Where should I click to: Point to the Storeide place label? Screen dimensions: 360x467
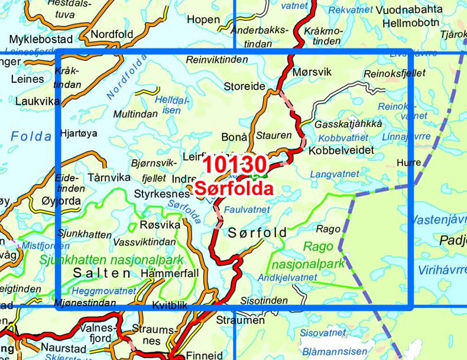244,86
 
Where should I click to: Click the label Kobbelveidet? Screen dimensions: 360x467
342,151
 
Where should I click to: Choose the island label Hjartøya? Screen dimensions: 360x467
78,134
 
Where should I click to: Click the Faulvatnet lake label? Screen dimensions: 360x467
248,209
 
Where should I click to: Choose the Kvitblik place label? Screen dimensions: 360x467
169,306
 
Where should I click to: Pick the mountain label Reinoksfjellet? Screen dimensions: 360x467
386,72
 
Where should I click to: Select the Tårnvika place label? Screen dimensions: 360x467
108,177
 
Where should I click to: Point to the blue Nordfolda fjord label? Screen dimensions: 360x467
127,75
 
